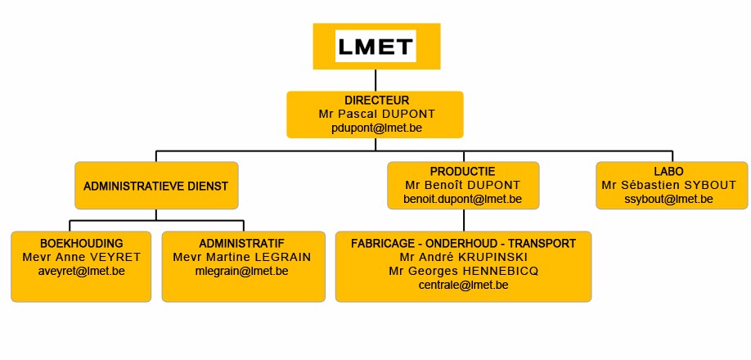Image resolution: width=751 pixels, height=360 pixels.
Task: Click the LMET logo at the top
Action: coord(376,47)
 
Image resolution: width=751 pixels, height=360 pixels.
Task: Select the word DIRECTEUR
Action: coord(377,101)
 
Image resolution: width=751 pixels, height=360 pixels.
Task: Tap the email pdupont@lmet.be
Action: coord(376,128)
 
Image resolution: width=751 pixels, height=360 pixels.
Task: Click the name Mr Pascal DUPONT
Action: coord(377,114)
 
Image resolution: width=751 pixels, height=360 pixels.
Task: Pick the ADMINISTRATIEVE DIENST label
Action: coord(155,187)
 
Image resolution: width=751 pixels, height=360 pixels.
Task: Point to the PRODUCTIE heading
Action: coord(463,171)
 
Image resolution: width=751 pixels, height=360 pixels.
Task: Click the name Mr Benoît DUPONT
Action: coord(463,185)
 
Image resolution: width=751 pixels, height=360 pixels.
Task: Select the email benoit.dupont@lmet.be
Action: coord(463,199)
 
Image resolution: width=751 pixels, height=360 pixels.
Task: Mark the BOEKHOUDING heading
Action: coord(82,243)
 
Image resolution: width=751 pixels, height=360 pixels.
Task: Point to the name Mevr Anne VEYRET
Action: coord(82,257)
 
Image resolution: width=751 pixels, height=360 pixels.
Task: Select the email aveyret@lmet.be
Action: coord(82,271)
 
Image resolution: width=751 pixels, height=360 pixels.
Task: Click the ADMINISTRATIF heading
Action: coord(242,243)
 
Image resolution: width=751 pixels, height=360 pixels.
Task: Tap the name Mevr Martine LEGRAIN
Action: coord(242,257)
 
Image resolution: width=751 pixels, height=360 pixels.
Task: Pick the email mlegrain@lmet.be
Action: coord(242,271)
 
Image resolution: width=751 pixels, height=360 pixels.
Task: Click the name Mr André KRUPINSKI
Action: coord(464,257)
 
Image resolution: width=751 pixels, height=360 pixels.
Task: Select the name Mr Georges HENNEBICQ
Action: coord(464,271)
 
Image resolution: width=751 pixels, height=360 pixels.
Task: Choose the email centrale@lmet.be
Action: coord(464,286)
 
